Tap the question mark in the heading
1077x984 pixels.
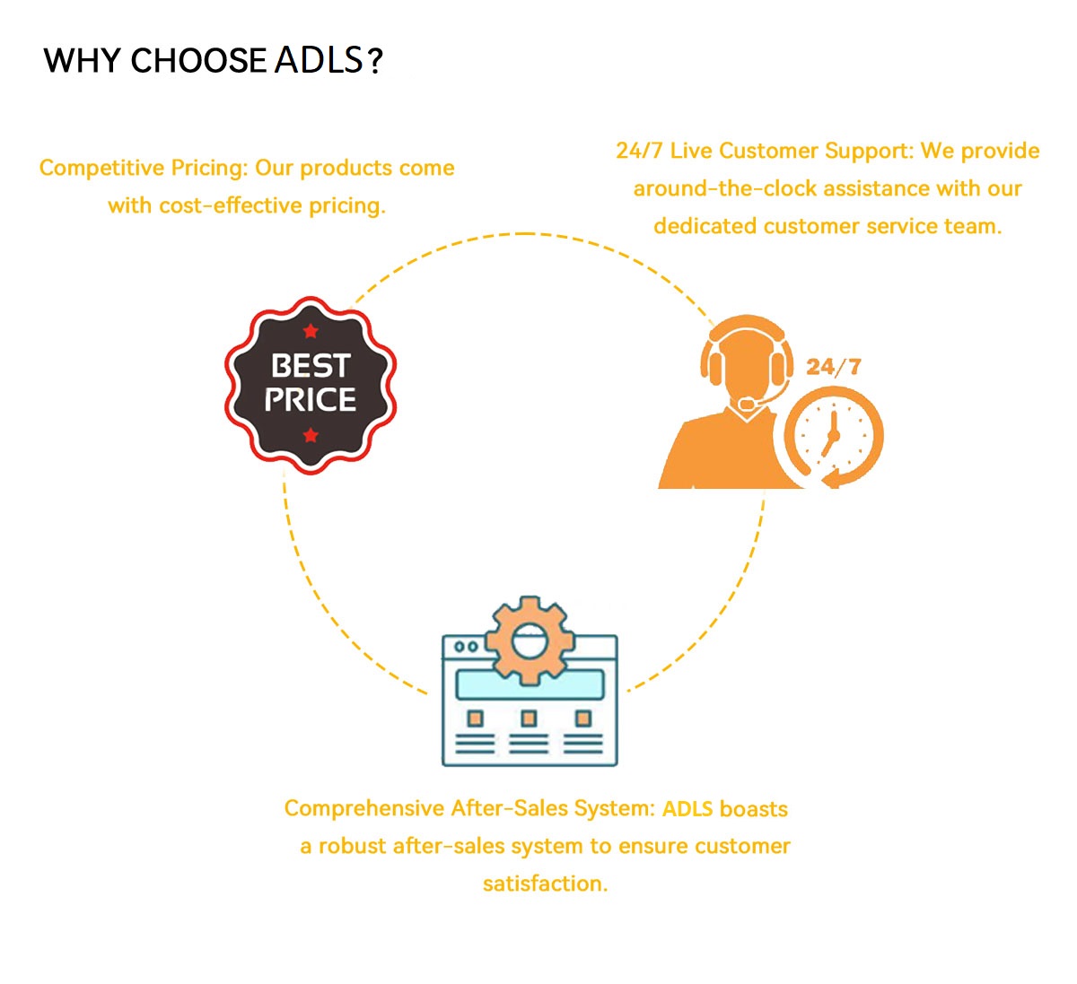pos(376,61)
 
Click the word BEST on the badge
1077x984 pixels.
pos(311,366)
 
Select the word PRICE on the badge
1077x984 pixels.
pos(311,399)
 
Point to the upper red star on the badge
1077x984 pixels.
pos(311,331)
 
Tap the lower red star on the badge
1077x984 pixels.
pos(311,434)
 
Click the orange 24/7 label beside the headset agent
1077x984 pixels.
pos(834,367)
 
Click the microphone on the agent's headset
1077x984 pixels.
pos(747,403)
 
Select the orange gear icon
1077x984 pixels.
pos(530,640)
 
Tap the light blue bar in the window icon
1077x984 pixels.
pos(530,684)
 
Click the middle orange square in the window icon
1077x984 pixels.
pos(529,718)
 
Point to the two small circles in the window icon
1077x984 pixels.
pos(466,647)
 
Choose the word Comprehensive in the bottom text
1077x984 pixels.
pos(364,808)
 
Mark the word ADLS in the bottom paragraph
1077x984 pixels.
pos(687,808)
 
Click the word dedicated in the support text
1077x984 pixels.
pos(705,226)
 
